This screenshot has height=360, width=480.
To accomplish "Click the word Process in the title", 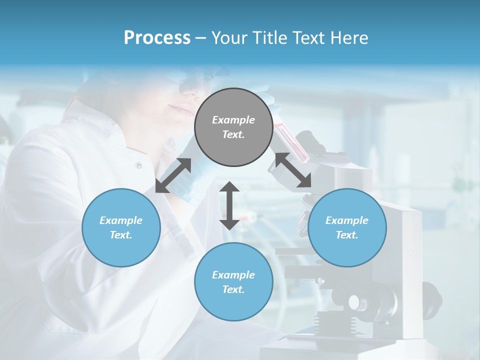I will click(157, 38).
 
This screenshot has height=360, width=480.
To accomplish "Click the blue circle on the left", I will click(121, 227).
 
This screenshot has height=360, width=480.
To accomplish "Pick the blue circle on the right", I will click(347, 227).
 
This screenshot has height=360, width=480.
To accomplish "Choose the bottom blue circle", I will click(233, 282).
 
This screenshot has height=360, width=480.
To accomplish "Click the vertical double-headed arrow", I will click(229, 205).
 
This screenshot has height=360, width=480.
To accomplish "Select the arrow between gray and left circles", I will click(173, 175).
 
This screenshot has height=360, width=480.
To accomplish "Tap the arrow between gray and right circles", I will click(293, 170).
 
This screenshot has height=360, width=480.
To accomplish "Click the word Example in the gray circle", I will click(233, 120).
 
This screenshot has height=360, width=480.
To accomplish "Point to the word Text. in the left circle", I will click(121, 235).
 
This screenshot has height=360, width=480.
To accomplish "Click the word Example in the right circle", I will click(347, 220).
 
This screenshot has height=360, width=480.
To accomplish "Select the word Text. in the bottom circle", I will click(233, 289).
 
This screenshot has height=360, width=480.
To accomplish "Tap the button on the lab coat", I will click(138, 165).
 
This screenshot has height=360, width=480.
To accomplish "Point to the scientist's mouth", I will click(176, 108).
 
